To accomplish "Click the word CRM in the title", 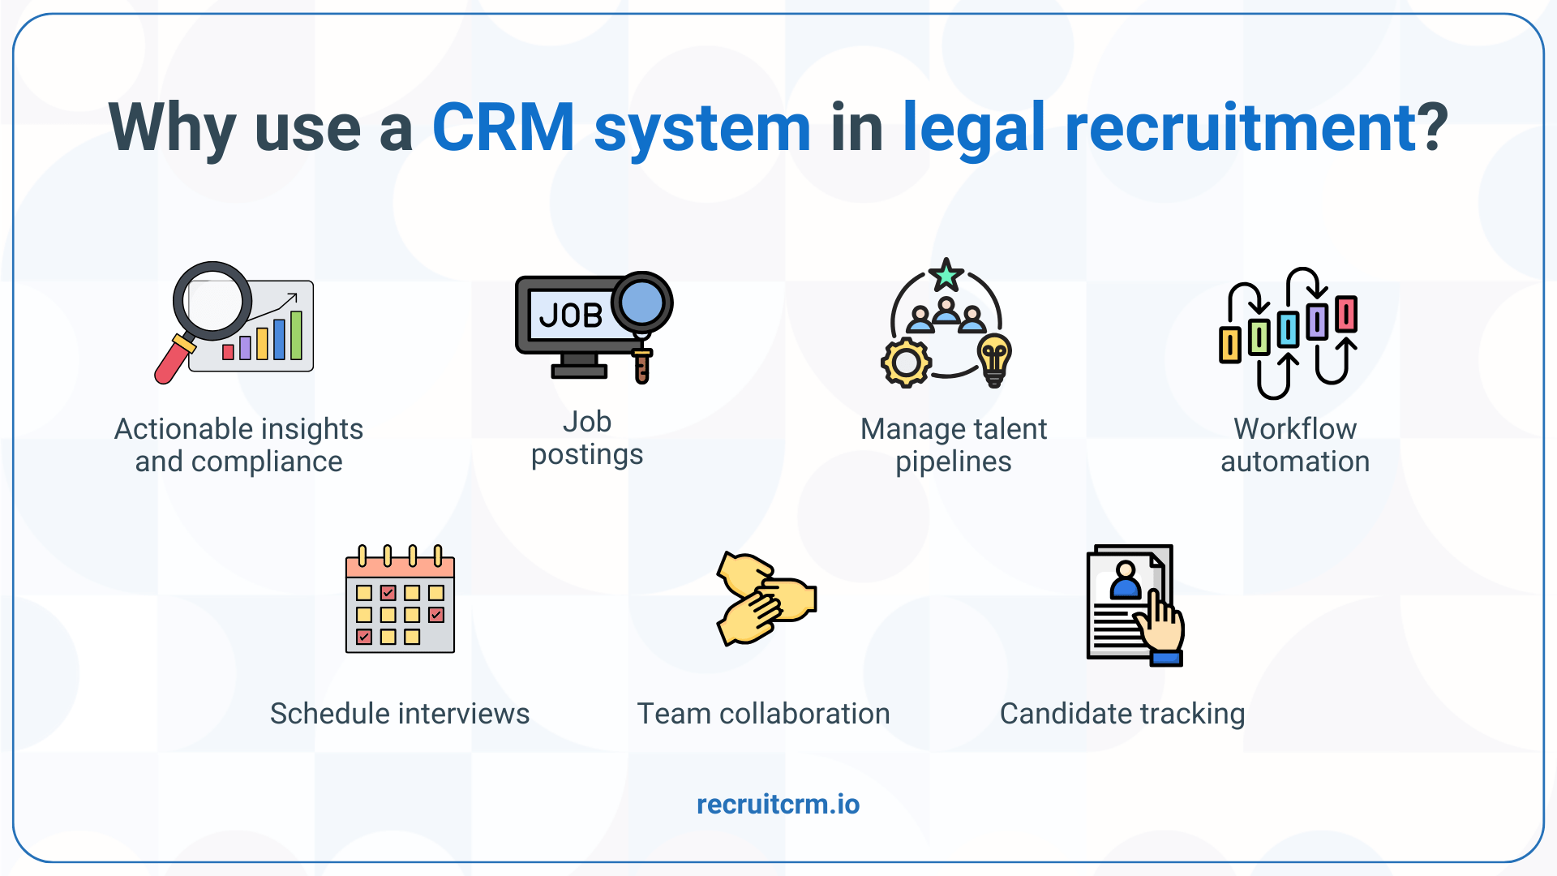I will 503,128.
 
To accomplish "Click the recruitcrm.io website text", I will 778,804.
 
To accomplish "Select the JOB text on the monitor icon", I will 571,315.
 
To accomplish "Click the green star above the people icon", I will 946,276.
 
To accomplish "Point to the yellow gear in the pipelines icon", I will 905,363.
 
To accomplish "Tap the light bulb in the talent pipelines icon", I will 994,359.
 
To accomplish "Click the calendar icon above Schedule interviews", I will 400,600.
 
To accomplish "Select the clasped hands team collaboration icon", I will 766,599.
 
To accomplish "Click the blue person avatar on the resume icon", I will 1125,581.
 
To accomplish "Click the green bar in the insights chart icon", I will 296,335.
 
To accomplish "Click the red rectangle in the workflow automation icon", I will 1346,314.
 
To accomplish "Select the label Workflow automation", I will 1294,444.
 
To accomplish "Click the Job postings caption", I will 586,438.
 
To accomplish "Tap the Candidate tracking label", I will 1122,714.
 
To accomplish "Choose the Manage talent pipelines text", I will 953,444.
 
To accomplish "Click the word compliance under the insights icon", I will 267,462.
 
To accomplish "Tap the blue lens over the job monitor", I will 641,303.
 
